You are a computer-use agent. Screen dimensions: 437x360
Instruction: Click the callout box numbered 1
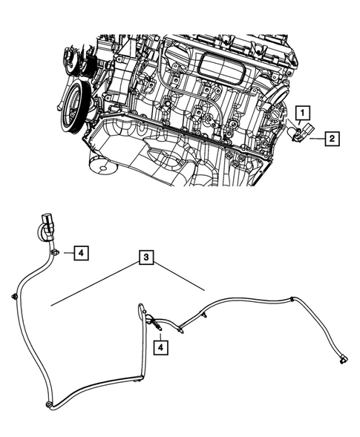302,113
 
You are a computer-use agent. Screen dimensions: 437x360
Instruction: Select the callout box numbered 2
331,138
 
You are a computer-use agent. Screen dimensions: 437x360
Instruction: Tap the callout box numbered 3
148,258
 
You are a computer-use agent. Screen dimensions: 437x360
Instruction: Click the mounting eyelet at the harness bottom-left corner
48,405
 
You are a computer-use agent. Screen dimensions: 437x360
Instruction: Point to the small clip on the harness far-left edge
14,297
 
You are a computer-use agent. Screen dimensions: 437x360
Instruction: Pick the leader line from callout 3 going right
182,278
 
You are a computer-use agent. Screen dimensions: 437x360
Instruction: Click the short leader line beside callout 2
318,137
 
